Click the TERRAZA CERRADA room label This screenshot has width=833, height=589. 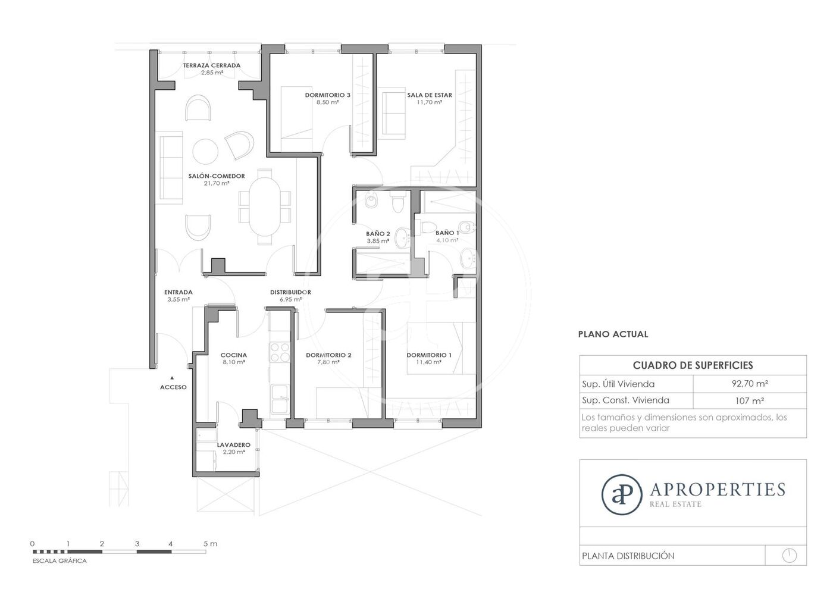(x=212, y=65)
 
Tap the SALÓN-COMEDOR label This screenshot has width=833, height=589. (x=217, y=176)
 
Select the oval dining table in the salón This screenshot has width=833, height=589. (x=264, y=206)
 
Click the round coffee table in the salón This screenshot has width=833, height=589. (x=205, y=152)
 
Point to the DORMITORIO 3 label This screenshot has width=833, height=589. (x=328, y=95)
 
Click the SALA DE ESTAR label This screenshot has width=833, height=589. (x=430, y=95)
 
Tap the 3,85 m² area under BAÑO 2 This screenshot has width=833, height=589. (x=378, y=241)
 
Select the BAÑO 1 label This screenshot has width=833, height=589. (x=447, y=233)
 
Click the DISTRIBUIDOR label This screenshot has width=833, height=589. (x=290, y=292)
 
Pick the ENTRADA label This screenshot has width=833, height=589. (x=178, y=292)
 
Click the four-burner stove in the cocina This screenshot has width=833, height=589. (x=280, y=352)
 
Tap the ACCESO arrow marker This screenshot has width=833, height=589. (x=172, y=378)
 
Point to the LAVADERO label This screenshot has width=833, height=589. (x=233, y=445)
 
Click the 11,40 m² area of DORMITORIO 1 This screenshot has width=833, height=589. (x=429, y=362)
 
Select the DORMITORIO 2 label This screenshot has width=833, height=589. (x=328, y=355)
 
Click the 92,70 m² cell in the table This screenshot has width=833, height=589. (x=750, y=383)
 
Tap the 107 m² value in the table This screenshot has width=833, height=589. (x=749, y=401)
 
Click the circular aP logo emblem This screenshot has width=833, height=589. (x=621, y=494)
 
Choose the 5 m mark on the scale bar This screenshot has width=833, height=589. (x=210, y=544)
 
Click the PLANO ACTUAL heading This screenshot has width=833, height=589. (x=613, y=334)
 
